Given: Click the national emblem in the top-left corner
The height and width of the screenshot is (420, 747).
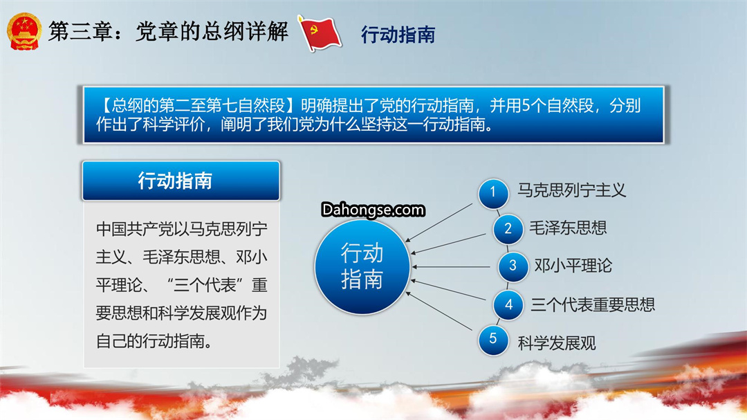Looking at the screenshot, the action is click(x=24, y=31).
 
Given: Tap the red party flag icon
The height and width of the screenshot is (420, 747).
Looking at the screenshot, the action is click(x=319, y=33).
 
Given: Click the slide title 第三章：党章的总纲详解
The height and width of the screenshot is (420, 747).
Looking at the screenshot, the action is click(x=168, y=32).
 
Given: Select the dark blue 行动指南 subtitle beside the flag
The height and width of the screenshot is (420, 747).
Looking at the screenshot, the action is click(x=398, y=35).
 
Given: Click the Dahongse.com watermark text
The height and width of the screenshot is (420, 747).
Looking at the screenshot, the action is click(x=373, y=210).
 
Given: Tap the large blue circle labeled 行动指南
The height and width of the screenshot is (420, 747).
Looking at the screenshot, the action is click(x=362, y=266).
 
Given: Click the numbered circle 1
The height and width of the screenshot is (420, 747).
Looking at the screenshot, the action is click(x=493, y=192).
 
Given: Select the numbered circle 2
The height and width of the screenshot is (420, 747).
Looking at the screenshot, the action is click(x=508, y=229).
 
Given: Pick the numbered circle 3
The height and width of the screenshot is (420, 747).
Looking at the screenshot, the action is click(x=513, y=266).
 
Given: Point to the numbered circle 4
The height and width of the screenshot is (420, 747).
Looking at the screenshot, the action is click(x=508, y=304).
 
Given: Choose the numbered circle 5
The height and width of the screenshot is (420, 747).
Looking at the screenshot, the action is click(x=493, y=340).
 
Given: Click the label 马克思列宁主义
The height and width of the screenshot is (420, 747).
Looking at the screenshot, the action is click(x=572, y=191).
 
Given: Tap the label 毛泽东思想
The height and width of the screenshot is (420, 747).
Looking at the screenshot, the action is click(x=568, y=228).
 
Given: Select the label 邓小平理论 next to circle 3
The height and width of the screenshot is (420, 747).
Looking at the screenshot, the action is click(x=573, y=266).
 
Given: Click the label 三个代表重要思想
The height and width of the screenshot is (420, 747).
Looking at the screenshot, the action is click(x=593, y=304).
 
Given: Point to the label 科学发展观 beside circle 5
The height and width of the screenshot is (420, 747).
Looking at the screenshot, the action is click(x=556, y=343).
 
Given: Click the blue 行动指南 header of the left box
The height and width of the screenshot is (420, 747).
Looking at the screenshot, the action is click(x=181, y=181).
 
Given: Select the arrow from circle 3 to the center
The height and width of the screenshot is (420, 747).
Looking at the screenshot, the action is click(x=451, y=266).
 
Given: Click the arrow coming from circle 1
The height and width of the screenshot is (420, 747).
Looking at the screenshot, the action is click(x=439, y=223).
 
